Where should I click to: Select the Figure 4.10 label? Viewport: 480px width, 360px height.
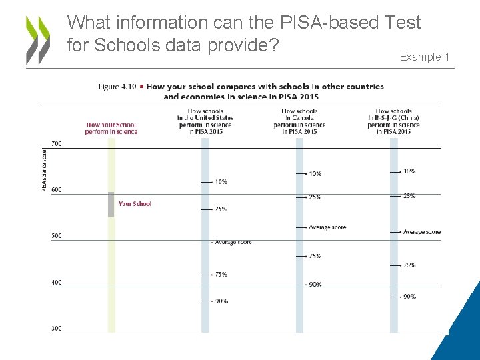click(117, 87)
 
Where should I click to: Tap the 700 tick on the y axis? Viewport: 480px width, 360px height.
click(57, 144)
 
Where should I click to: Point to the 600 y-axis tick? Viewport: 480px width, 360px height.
click(57, 190)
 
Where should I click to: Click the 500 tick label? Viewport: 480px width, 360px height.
click(57, 236)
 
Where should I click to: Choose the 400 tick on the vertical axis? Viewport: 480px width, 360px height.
click(57, 283)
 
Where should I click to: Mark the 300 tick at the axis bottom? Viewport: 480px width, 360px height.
click(57, 329)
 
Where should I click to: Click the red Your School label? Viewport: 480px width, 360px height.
click(135, 204)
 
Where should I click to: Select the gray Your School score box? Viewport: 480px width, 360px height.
click(111, 205)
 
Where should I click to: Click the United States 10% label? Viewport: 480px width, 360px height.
click(221, 182)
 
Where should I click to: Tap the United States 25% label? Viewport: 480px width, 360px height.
click(221, 209)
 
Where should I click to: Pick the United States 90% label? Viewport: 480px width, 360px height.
click(221, 301)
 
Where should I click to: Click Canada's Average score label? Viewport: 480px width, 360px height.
click(327, 228)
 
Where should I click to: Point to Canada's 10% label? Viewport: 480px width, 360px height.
click(315, 174)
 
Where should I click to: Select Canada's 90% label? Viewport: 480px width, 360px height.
click(315, 285)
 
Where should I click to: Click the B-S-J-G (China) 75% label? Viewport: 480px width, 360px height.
click(409, 265)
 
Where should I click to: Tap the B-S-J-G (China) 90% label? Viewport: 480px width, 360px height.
click(409, 297)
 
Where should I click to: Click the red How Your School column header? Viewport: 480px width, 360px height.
click(111, 128)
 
